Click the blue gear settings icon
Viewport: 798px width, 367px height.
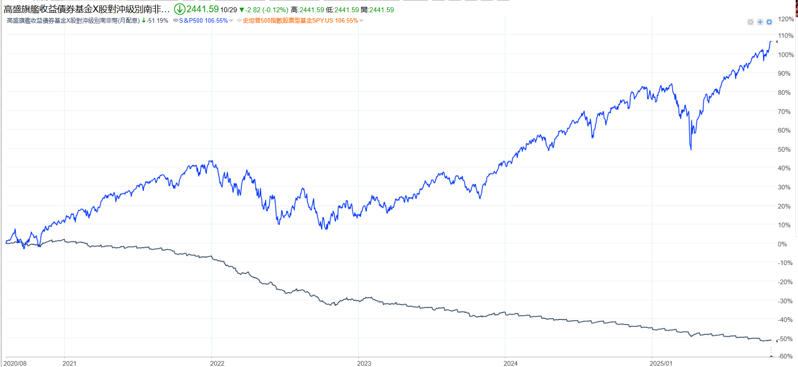tap(769, 22)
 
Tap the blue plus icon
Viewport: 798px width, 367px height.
tap(760, 22)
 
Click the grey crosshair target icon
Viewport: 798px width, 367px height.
tap(750, 22)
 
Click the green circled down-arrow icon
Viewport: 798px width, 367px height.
tap(179, 9)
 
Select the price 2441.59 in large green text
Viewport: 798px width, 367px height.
tap(202, 9)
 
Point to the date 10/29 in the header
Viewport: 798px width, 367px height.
tap(229, 10)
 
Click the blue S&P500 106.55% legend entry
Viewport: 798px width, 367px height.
tap(203, 21)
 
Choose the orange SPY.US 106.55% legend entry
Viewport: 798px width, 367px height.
tap(300, 21)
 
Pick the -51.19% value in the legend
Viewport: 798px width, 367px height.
tap(157, 21)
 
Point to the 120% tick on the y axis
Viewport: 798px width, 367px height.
tap(786, 19)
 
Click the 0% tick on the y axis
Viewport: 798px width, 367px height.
tap(782, 244)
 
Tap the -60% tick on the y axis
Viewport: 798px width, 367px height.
tap(785, 356)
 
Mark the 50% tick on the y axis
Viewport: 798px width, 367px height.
tap(784, 150)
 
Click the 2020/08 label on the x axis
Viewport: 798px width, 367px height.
tap(16, 363)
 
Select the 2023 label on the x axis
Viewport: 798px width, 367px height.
tap(364, 363)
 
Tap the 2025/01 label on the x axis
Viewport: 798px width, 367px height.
tap(661, 363)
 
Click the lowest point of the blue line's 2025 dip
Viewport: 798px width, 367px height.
tap(691, 150)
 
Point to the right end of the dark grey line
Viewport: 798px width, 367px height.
tap(771, 340)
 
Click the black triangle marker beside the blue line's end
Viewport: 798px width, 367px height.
tap(777, 42)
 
